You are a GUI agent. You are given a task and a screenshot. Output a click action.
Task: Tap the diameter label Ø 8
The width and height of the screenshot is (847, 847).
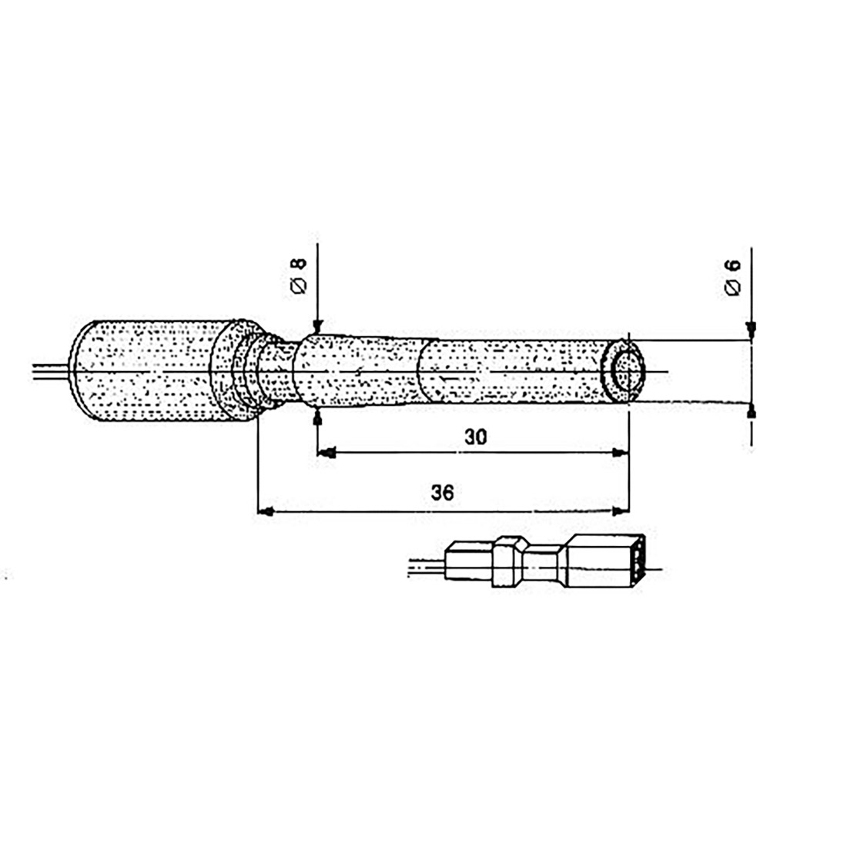tap(299, 275)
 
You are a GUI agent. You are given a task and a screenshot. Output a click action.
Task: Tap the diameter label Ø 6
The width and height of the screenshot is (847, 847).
tap(732, 277)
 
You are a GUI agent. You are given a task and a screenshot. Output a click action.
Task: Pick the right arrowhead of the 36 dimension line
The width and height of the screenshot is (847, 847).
tap(621, 511)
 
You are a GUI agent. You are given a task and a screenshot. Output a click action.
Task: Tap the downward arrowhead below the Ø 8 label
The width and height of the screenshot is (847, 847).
tap(316, 326)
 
